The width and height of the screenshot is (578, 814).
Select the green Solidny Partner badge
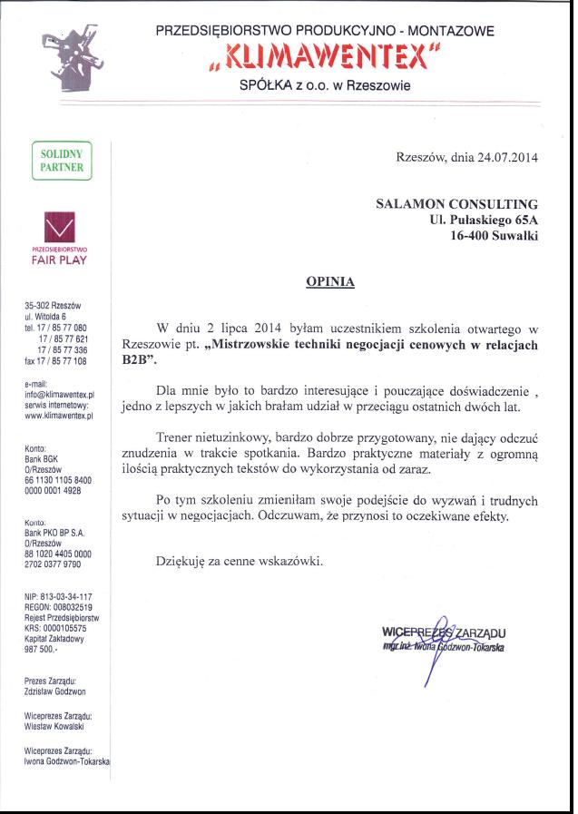(62, 161)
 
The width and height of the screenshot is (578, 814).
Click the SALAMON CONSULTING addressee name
(456, 204)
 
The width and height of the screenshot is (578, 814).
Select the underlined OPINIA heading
(330, 282)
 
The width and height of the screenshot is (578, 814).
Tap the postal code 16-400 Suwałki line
(494, 235)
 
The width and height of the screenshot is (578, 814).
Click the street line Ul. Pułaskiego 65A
(484, 220)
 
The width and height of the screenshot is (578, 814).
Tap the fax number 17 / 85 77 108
(55, 360)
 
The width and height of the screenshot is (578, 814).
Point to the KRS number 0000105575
(55, 627)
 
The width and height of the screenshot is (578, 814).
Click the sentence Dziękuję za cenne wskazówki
(240, 561)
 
